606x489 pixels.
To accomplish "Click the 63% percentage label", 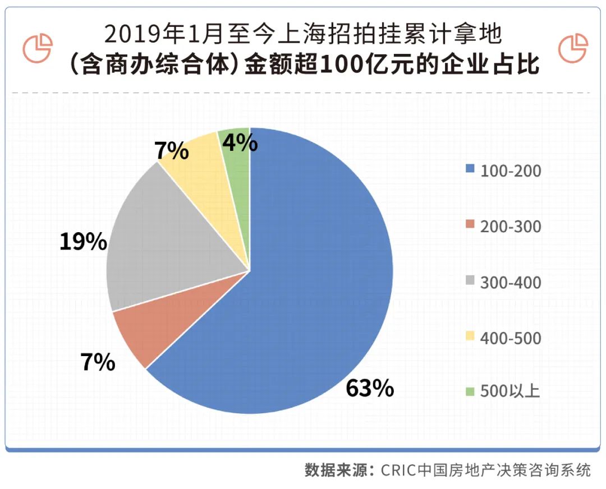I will (370, 388).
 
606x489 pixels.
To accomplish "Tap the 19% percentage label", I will (83, 242).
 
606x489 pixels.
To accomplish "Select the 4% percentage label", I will (240, 144).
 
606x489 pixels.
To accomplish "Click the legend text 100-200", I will (511, 170).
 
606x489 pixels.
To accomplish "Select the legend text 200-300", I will (511, 227).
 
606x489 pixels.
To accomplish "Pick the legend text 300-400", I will (511, 282).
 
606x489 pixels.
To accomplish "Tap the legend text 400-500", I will (511, 338).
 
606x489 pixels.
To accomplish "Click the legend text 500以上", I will (509, 391).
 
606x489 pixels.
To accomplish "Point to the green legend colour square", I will (470, 390).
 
